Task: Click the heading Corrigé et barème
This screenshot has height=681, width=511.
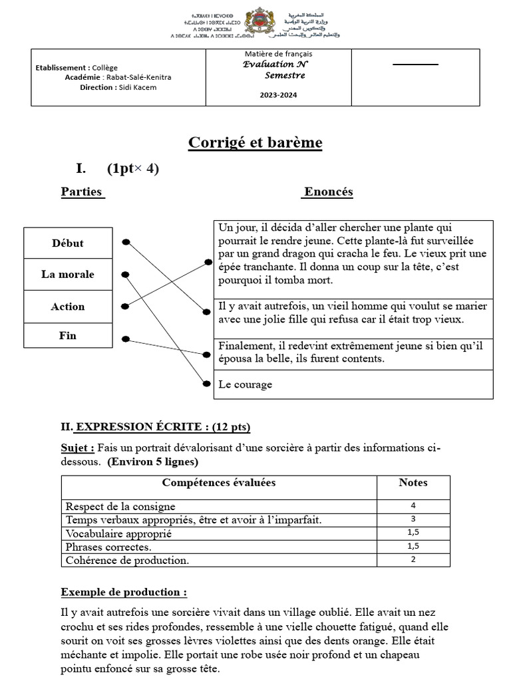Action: (255, 143)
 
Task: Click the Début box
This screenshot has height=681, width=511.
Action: (68, 243)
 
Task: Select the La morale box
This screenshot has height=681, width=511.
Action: (68, 274)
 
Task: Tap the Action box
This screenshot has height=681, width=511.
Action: (68, 307)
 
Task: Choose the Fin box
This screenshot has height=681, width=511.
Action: (68, 336)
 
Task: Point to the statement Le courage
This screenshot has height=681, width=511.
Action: (246, 384)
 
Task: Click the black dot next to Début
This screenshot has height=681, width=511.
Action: (126, 243)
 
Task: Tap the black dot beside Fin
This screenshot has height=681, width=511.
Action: (126, 340)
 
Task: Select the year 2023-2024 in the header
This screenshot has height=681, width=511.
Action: (279, 95)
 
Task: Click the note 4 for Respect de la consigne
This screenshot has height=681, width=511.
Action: (413, 505)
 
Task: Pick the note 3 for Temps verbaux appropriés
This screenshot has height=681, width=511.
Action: (413, 519)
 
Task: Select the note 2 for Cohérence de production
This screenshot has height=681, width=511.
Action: (413, 559)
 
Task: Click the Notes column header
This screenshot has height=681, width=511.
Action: (413, 483)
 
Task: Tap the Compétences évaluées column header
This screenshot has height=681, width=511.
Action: (219, 483)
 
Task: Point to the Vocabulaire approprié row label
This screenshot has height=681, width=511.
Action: (119, 533)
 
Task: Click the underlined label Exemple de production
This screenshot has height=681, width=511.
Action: (124, 592)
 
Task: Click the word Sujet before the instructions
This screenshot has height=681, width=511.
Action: (78, 448)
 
